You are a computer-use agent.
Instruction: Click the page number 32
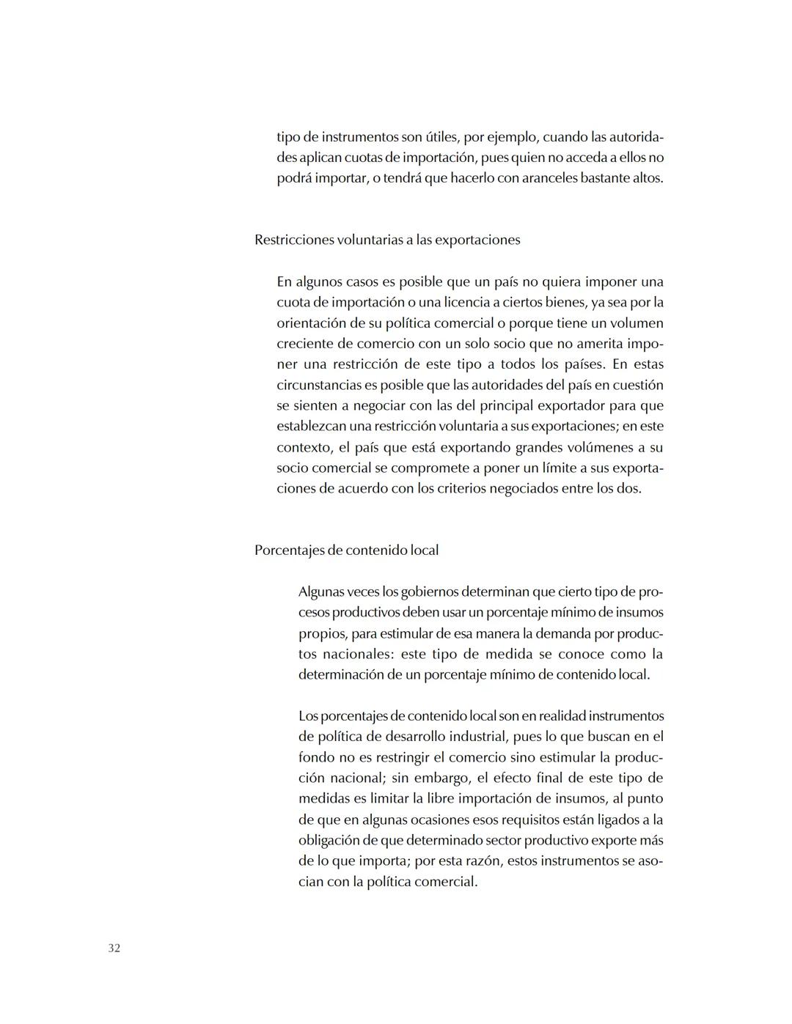(114, 948)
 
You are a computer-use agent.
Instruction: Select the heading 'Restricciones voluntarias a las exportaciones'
(387, 240)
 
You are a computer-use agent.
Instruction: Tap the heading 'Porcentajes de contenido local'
(346, 550)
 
